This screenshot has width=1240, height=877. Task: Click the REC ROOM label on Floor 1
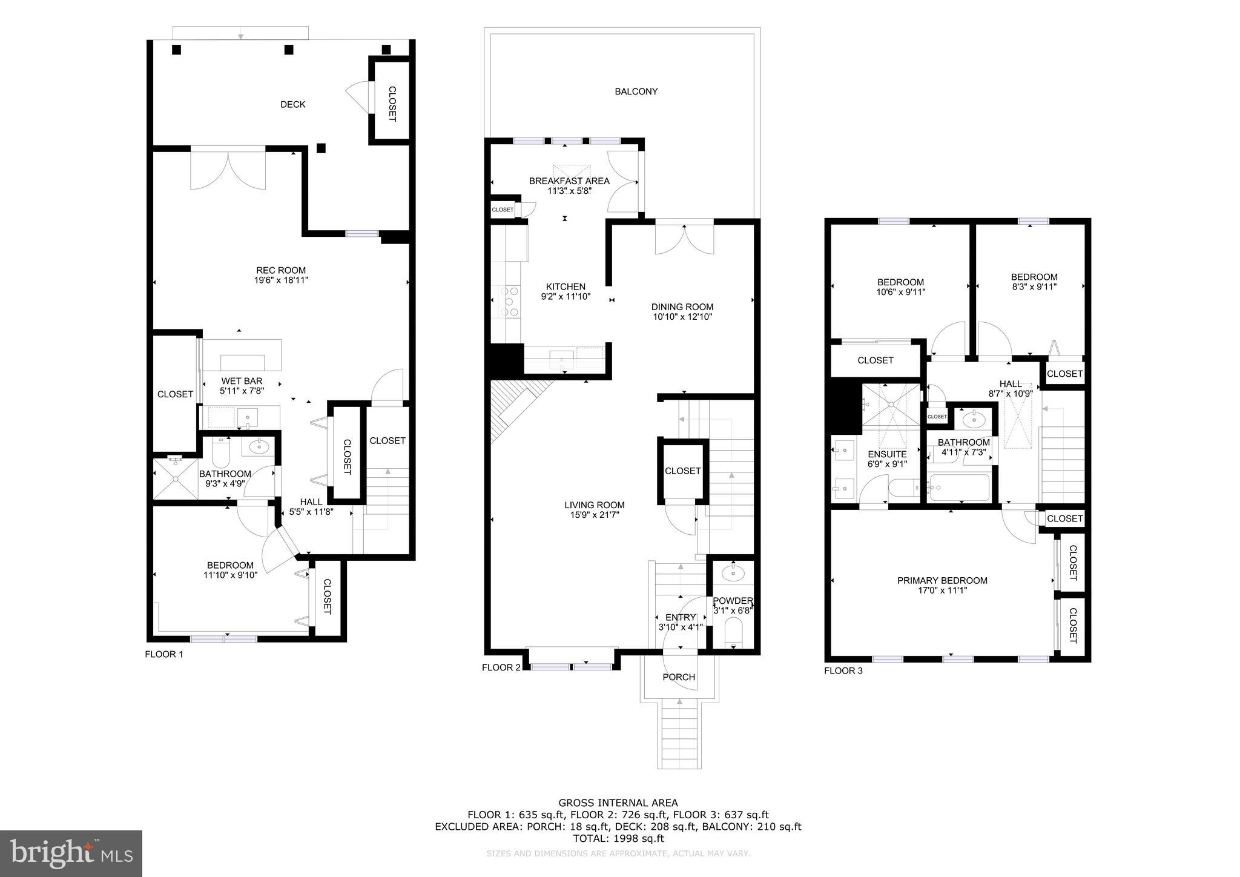coord(280,271)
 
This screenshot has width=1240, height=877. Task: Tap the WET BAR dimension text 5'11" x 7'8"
coord(242,391)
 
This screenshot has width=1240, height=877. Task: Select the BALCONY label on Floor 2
coord(636,91)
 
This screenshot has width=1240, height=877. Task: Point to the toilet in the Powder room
coord(733,631)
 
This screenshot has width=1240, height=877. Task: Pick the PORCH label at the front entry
coord(679,677)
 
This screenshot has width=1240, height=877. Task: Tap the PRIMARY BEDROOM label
coord(942,580)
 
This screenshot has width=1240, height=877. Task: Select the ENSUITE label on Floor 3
coord(887,454)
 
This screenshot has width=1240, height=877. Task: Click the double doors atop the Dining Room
coord(684,239)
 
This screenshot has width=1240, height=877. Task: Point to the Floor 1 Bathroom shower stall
coord(175,478)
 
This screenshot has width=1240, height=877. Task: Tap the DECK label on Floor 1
coord(293,105)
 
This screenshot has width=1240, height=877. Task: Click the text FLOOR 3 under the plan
coord(843,671)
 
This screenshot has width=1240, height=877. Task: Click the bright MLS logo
coord(71,853)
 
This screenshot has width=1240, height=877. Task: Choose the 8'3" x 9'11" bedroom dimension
coord(1034,287)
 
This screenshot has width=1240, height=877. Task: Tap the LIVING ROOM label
coord(594,505)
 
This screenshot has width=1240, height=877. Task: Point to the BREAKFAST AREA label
coord(569,180)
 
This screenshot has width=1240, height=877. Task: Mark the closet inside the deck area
coord(391,102)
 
